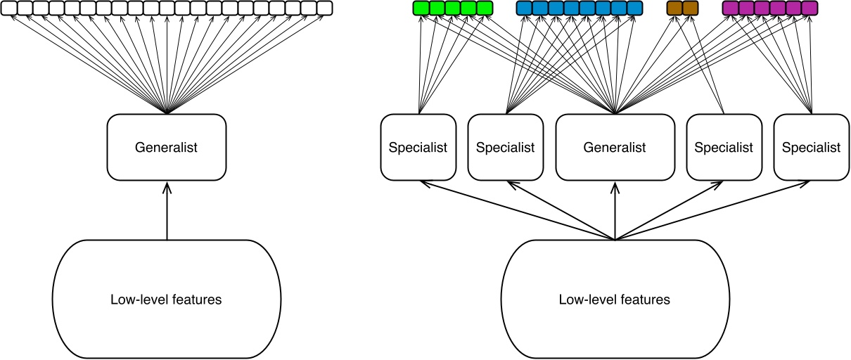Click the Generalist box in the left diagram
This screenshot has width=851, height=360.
(x=167, y=147)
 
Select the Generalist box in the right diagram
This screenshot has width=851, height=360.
(x=615, y=147)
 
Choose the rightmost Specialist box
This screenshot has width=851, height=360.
(x=811, y=147)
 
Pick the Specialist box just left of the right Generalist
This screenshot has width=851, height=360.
(x=505, y=147)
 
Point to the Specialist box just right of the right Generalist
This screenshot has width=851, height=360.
(x=723, y=147)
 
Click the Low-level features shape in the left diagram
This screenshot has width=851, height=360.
(x=167, y=300)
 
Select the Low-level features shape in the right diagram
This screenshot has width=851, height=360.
(x=615, y=300)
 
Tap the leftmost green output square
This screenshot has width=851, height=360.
(x=420, y=8)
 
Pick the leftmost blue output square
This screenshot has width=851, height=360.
(x=524, y=8)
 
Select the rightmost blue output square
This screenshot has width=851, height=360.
(x=634, y=8)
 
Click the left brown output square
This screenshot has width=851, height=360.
(x=674, y=8)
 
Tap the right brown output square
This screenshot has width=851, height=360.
(x=691, y=8)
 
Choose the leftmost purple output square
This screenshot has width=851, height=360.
(x=730, y=8)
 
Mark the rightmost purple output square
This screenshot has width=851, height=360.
(x=810, y=8)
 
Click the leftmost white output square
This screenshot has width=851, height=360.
(x=8, y=8)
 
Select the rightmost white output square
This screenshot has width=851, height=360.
(x=324, y=8)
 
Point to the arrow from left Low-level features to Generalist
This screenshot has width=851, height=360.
(x=167, y=211)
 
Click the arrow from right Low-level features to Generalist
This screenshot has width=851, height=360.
(x=615, y=211)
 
